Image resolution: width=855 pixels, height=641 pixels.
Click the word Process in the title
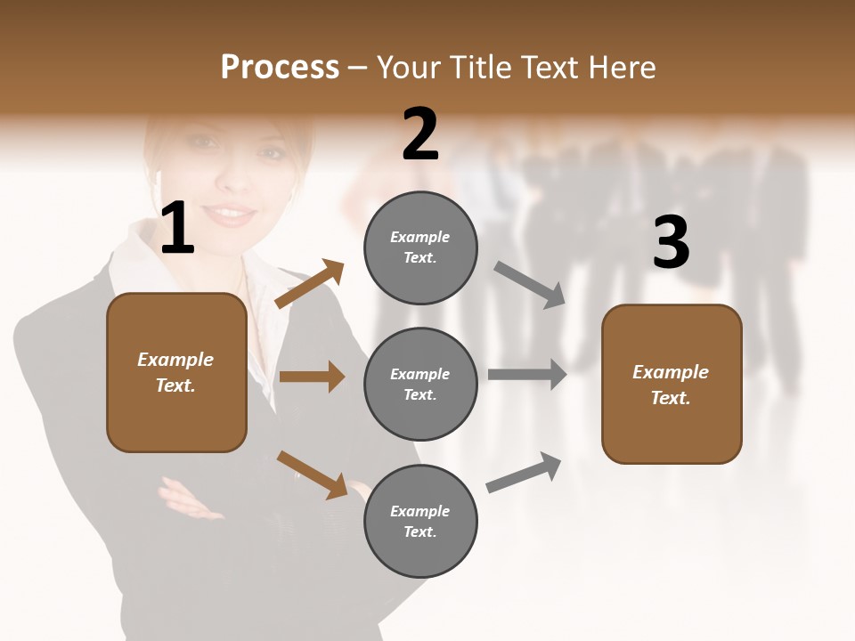pyautogui.click(x=280, y=67)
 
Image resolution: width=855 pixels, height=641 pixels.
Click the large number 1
pyautogui.click(x=176, y=229)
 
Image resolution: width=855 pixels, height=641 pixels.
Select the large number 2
pyautogui.click(x=420, y=134)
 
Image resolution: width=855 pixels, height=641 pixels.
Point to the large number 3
pyautogui.click(x=671, y=242)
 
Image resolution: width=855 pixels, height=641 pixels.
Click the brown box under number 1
pyautogui.click(x=176, y=372)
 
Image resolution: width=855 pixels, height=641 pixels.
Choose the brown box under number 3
pyautogui.click(x=672, y=384)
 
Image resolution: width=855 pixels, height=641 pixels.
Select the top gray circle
pyautogui.click(x=420, y=247)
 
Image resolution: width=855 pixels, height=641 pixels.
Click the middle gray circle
pyautogui.click(x=420, y=384)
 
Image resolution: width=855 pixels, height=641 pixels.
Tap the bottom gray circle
pyautogui.click(x=420, y=521)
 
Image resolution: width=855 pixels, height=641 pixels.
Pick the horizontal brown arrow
pyautogui.click(x=312, y=377)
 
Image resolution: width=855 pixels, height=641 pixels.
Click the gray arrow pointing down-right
pyautogui.click(x=529, y=284)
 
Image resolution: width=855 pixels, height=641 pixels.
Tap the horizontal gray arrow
pyautogui.click(x=527, y=375)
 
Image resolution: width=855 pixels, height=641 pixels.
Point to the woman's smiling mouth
pyautogui.click(x=232, y=214)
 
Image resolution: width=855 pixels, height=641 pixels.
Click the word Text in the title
pyautogui.click(x=549, y=67)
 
